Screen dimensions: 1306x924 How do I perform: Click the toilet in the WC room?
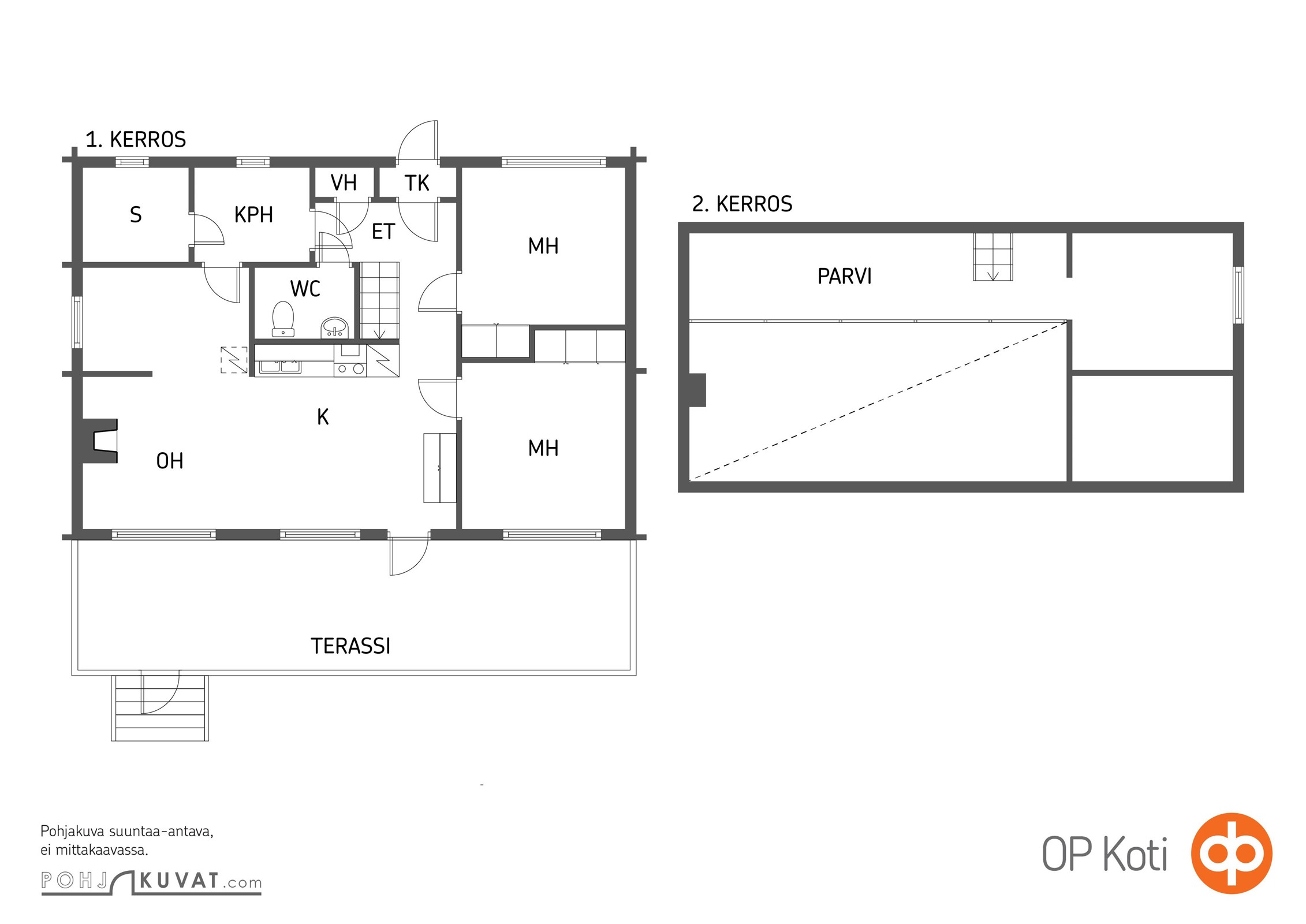pyautogui.click(x=283, y=318)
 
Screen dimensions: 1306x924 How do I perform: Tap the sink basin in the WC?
pyautogui.click(x=335, y=327)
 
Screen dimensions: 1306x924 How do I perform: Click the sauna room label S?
pyautogui.click(x=136, y=215)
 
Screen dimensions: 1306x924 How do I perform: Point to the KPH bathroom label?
pyautogui.click(x=253, y=215)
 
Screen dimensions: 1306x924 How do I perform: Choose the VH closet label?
pyautogui.click(x=344, y=183)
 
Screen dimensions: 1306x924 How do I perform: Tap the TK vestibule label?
pyautogui.click(x=417, y=183)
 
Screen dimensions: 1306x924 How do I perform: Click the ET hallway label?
pyautogui.click(x=383, y=232)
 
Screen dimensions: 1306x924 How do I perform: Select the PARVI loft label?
pyautogui.click(x=845, y=277)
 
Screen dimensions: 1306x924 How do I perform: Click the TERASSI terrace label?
pyautogui.click(x=350, y=646)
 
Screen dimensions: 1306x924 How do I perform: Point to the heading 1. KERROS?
pyautogui.click(x=136, y=140)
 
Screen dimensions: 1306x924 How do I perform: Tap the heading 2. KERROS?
pyautogui.click(x=742, y=204)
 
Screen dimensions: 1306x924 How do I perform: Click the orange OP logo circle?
pyautogui.click(x=1232, y=853)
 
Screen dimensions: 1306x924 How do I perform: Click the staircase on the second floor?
pyautogui.click(x=993, y=257)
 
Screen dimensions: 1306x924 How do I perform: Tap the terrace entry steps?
pyautogui.click(x=160, y=708)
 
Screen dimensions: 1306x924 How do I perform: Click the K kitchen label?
pyautogui.click(x=323, y=417)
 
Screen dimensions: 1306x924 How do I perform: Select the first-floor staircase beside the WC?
pyautogui.click(x=380, y=300)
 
